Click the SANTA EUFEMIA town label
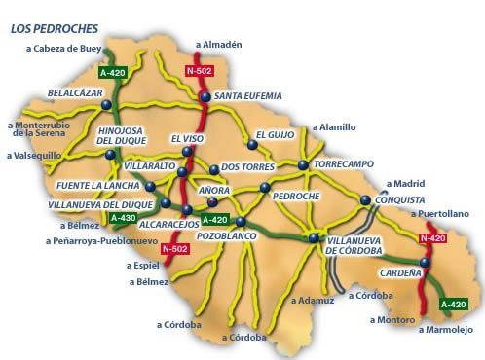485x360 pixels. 249,96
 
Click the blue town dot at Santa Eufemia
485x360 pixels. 205,96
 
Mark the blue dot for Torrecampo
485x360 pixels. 304,164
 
